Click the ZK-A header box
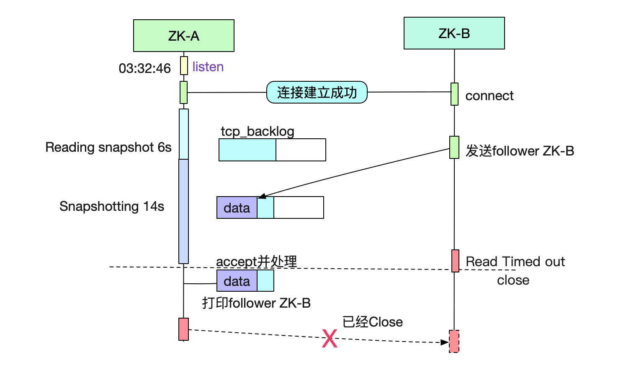pos(184,36)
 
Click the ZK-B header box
pos(454,33)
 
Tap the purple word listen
pos(208,67)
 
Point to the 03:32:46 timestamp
pos(144,68)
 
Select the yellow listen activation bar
pos(184,66)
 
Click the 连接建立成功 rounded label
pos(317,92)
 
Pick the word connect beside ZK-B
pos(489,96)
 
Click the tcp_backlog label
pos(258,132)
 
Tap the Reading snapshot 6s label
pos(108,147)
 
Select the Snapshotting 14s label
pos(112,206)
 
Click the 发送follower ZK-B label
pos(520,151)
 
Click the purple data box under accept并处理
pos(237,281)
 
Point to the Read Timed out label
pos(515,262)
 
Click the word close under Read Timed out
pos(513,280)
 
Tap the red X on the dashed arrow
pos(330,338)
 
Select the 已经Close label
pos(373,322)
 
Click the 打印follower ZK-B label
pos(256,303)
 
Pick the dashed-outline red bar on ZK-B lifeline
pos(454,341)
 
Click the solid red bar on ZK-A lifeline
pos(184,329)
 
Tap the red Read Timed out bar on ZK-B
pos(456,261)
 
